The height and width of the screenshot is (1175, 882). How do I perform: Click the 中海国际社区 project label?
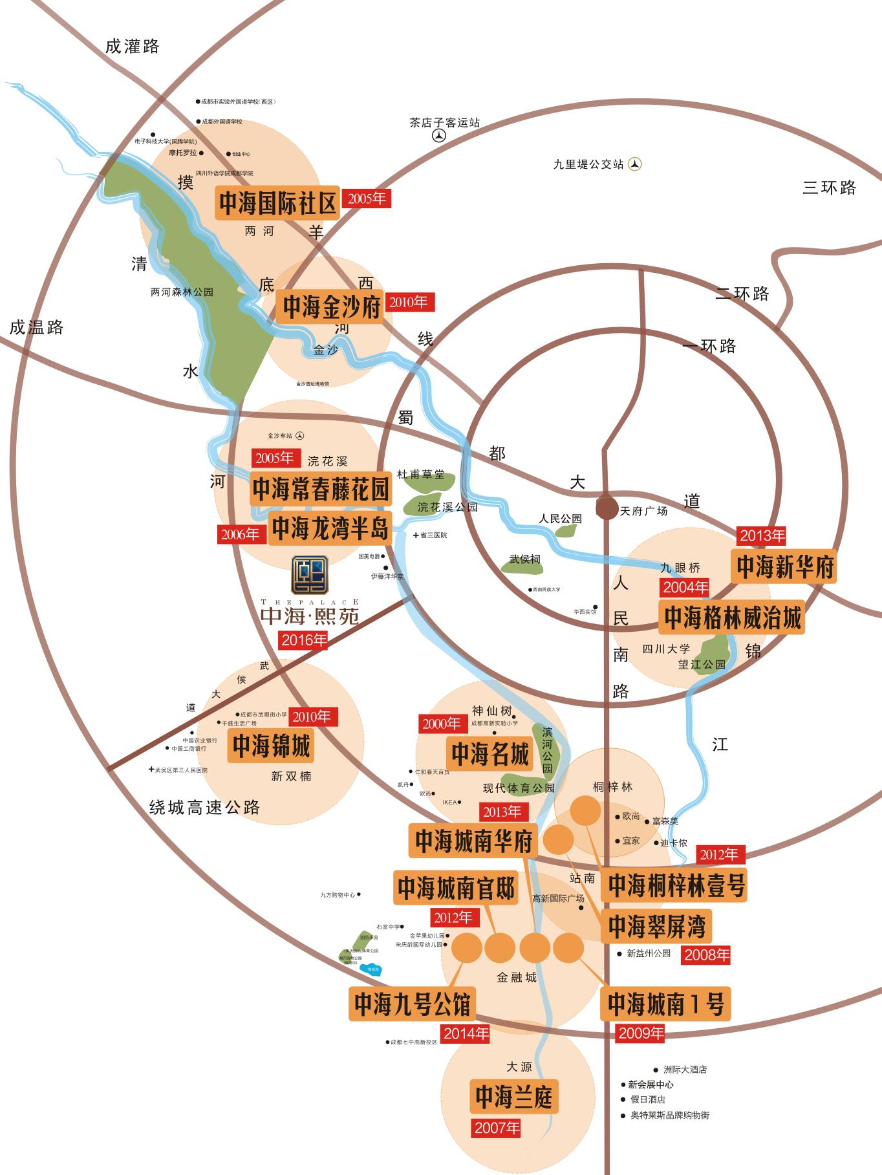[x=278, y=203]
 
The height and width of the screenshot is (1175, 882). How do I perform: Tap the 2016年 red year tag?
[x=303, y=640]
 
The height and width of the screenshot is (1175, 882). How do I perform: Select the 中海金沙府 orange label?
[x=332, y=307]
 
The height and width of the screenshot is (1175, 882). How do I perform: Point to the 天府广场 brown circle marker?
[x=607, y=508]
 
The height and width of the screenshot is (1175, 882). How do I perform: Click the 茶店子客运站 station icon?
[x=440, y=136]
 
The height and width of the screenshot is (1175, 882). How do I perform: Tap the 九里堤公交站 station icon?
[x=636, y=164]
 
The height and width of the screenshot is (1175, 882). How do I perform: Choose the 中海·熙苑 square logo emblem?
[x=310, y=575]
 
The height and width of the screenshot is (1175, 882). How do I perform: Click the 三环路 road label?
[x=829, y=188]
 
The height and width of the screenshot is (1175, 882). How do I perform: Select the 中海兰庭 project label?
[x=514, y=1097]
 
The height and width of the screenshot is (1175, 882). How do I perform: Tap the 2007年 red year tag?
[x=497, y=1128]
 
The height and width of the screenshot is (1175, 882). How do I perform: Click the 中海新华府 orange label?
[x=784, y=566]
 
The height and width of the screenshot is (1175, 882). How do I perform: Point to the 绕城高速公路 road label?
[x=204, y=807]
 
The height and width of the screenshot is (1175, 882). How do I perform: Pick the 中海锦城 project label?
[x=272, y=746]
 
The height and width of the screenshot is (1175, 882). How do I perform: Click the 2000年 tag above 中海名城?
[x=441, y=724]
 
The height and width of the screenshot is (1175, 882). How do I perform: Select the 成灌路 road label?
[x=132, y=47]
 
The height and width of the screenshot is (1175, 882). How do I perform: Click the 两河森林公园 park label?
[x=182, y=292]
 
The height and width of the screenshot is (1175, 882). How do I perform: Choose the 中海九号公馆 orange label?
[x=412, y=1004]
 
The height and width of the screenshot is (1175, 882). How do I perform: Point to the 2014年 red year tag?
[x=466, y=1033]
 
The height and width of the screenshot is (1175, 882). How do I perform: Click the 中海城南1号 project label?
[x=665, y=1004]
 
